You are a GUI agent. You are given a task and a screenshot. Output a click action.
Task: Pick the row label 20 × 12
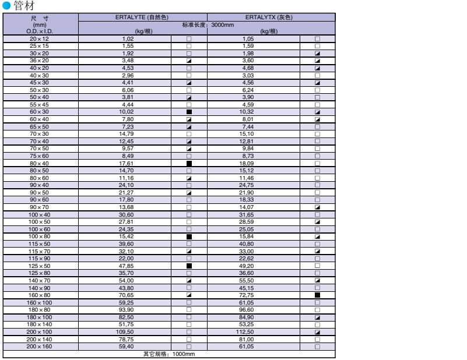[x=40, y=38]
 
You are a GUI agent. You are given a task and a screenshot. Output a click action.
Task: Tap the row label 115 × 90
[x=40, y=258]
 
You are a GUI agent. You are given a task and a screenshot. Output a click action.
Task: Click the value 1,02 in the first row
[x=125, y=38]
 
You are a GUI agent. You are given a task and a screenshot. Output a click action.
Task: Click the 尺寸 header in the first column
[x=40, y=19]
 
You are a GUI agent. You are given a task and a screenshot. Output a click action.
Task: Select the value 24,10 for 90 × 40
[x=125, y=186]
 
